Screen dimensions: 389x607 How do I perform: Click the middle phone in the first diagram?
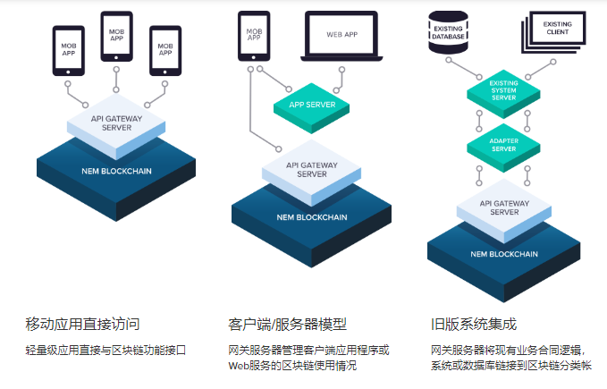click(x=116, y=36)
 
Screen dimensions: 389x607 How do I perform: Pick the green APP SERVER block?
click(x=310, y=106)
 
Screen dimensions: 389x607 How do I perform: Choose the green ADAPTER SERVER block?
click(x=503, y=145)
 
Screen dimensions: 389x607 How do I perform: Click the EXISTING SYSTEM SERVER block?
click(x=503, y=89)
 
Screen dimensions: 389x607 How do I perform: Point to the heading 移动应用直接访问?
click(x=82, y=324)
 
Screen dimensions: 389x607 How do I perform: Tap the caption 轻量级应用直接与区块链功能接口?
click(x=105, y=350)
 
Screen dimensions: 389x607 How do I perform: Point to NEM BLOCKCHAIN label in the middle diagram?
click(x=311, y=217)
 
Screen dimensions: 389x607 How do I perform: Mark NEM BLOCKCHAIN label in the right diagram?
click(x=505, y=254)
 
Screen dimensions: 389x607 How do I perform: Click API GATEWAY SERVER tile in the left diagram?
click(x=116, y=123)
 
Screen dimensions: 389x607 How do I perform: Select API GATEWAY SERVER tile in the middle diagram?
click(x=311, y=170)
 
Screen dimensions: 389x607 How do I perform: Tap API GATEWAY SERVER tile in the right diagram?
click(x=505, y=208)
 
